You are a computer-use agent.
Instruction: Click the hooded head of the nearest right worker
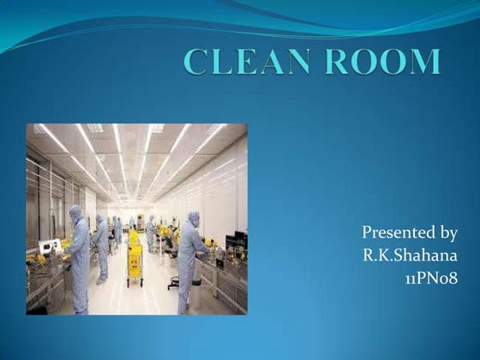(194, 218)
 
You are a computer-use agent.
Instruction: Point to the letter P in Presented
(368, 232)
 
